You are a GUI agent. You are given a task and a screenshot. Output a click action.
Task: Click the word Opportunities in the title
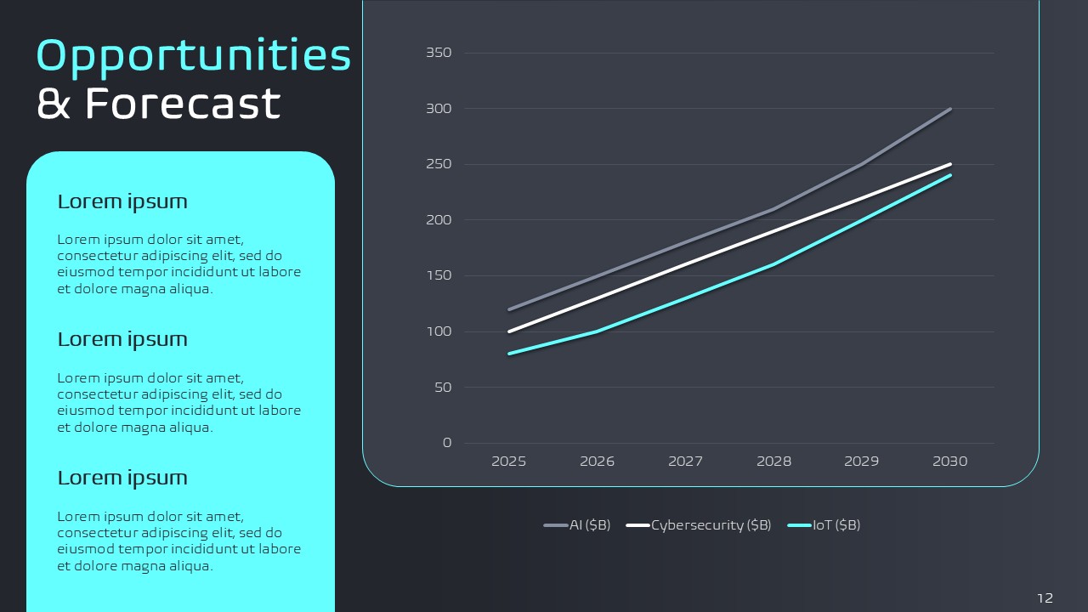(194, 56)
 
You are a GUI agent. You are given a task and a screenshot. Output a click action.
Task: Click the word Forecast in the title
(183, 104)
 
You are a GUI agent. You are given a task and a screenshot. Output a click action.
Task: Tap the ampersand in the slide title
(54, 104)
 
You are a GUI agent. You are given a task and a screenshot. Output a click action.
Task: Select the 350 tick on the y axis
(439, 53)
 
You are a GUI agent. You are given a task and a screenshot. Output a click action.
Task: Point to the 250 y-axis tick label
(439, 164)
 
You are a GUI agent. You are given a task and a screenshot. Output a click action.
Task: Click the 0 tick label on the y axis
(447, 443)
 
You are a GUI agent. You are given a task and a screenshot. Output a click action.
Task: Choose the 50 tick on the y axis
(442, 388)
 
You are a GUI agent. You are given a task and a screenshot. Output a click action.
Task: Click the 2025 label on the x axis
(509, 462)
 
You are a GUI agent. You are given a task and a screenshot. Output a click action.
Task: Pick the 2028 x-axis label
(773, 462)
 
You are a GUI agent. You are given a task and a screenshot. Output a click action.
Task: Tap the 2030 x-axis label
(950, 462)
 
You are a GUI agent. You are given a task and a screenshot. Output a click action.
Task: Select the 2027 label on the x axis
(685, 462)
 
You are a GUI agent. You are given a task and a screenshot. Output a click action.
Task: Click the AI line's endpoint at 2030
(950, 109)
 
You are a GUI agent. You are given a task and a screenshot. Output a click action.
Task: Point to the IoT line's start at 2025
(509, 354)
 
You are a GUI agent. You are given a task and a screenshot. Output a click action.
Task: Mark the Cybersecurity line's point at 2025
(509, 331)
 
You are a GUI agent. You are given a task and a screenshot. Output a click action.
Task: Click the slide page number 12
(1045, 598)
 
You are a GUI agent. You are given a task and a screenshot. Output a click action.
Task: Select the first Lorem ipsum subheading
(122, 201)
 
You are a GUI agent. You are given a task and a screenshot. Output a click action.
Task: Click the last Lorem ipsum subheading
(122, 478)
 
